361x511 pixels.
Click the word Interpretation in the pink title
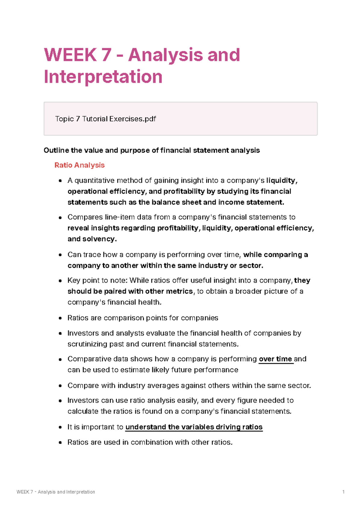(103, 77)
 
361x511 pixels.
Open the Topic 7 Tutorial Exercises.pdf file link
(105, 119)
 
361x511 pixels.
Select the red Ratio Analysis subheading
(79, 165)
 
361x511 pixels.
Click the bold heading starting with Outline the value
(151, 150)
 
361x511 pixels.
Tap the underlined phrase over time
(275, 359)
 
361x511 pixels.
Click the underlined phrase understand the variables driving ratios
(194, 427)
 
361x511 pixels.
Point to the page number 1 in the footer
(343, 492)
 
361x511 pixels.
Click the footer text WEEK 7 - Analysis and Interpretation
(56, 492)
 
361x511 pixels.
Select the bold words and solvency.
(91, 239)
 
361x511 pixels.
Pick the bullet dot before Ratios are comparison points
(60, 318)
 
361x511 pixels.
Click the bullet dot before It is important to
(60, 427)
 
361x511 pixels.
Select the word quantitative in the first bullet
(94, 180)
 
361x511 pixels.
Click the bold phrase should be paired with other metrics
(130, 291)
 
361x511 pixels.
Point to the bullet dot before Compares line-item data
(60, 217)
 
